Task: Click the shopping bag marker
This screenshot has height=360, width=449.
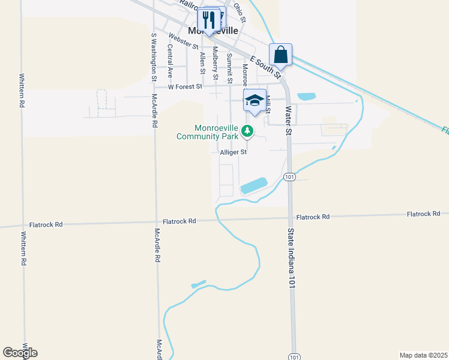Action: click(x=280, y=55)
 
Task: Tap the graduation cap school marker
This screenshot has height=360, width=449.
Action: click(x=255, y=100)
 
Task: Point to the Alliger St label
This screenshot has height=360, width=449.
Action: click(x=234, y=152)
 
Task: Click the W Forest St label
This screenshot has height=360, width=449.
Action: click(x=185, y=87)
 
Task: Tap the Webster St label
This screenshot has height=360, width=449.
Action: click(x=184, y=41)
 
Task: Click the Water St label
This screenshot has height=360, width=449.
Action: click(x=289, y=119)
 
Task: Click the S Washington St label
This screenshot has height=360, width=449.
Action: click(x=154, y=56)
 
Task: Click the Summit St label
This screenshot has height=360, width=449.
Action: click(x=229, y=68)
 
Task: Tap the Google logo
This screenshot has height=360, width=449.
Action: click(x=20, y=353)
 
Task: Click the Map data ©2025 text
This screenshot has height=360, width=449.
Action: click(x=423, y=355)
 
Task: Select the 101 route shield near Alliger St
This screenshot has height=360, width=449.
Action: click(x=290, y=177)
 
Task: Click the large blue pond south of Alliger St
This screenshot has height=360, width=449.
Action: click(x=254, y=185)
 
